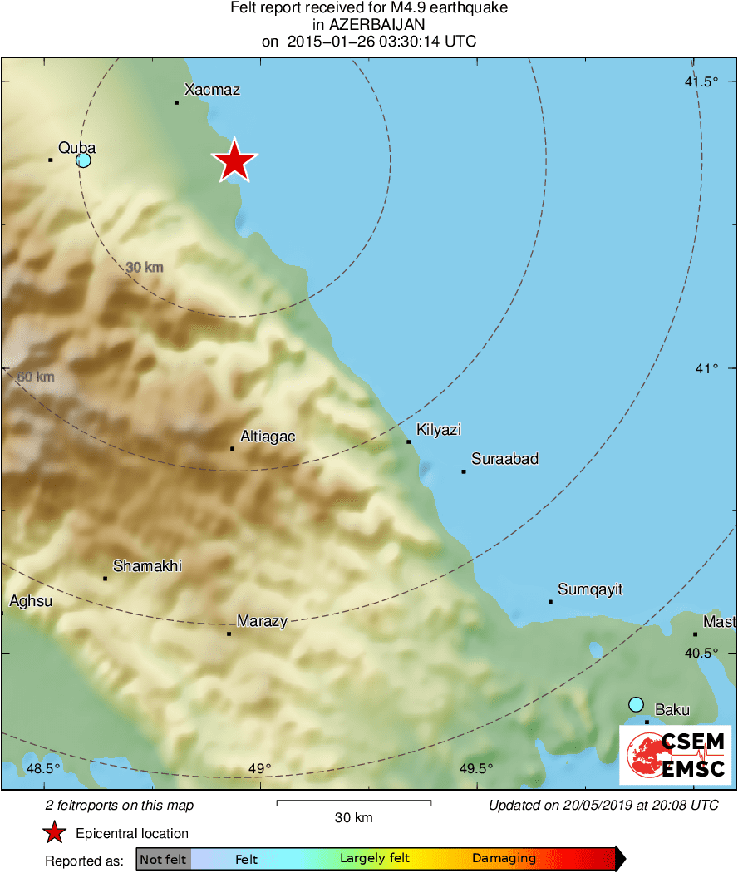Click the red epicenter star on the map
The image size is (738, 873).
pos(235,160)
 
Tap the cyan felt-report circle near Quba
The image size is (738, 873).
pos(83,160)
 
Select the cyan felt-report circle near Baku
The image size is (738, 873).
pos(636,704)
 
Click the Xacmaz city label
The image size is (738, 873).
pos(212,90)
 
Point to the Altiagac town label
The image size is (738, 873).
pos(268,436)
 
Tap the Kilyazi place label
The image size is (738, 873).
pos(439,430)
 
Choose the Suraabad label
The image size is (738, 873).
pos(504,459)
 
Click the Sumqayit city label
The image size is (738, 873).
pos(590,590)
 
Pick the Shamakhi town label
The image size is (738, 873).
pos(147,566)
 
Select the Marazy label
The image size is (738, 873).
pos(262,621)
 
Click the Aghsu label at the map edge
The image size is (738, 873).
pos(30,601)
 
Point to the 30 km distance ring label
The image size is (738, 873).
pos(145,268)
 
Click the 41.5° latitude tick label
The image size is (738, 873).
pos(701,81)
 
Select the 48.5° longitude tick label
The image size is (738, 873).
pos(44,768)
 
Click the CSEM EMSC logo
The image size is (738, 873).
pos(675,755)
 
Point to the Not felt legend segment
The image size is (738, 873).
pos(163,859)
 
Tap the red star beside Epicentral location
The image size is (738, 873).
pos(55,833)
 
